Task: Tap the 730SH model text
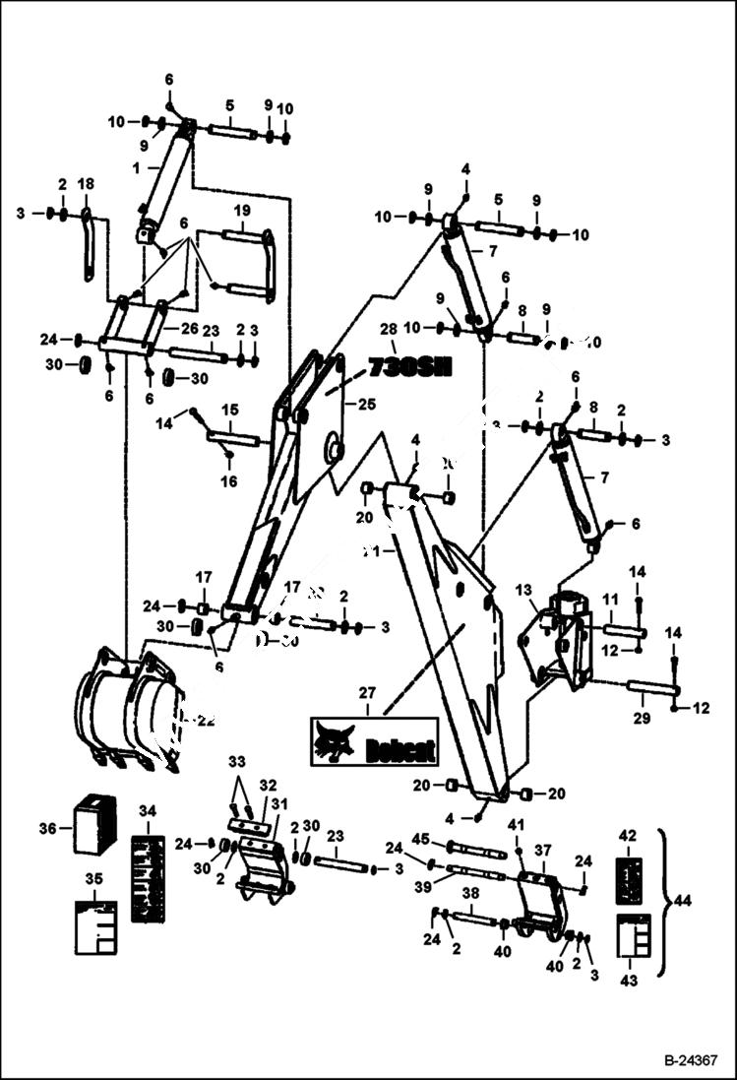[x=408, y=368]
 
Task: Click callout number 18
[x=86, y=184]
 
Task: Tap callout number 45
[x=420, y=839]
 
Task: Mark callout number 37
[x=543, y=850]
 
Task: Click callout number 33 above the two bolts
[x=236, y=762]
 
